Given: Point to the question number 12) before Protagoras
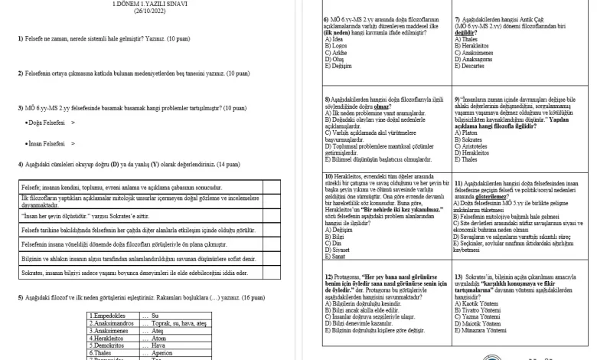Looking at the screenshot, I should (328, 276).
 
